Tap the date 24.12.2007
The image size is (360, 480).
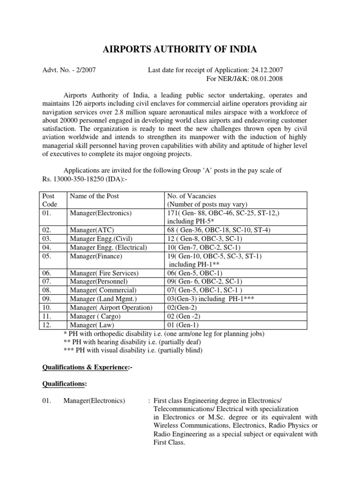tap(265, 70)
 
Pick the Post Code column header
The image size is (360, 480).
tap(49, 200)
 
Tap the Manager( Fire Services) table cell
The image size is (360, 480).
tap(104, 273)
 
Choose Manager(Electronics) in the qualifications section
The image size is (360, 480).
tap(97, 401)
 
